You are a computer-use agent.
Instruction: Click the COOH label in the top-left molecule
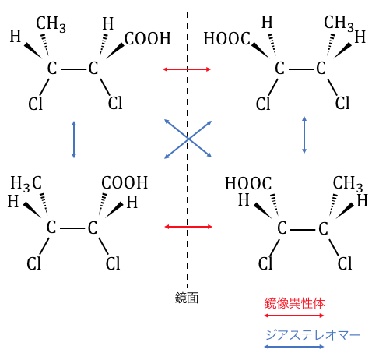coord(148,39)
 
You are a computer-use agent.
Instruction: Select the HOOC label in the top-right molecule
coord(227,39)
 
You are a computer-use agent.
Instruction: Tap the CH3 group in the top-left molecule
coord(51,24)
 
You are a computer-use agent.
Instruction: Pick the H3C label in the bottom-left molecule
coord(26,184)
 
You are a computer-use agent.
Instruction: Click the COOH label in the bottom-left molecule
coord(125,182)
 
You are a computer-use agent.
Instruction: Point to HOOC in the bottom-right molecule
coord(248,184)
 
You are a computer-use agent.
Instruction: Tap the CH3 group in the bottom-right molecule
coord(348,184)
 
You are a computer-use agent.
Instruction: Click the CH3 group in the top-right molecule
coord(339,23)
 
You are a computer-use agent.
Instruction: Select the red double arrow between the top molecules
coord(187,69)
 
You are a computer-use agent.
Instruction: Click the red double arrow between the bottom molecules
coord(188,227)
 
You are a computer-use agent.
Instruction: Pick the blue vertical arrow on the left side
coord(74,139)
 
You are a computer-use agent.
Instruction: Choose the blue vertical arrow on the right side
coord(304,135)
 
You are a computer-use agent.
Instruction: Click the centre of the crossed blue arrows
coord(188,139)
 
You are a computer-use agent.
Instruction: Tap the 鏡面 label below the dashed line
coord(187,298)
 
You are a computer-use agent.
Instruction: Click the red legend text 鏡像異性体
coord(294,303)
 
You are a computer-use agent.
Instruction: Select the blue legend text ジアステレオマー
coord(313,335)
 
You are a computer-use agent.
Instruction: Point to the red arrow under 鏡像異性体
coord(294,316)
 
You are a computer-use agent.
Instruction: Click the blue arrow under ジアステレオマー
coord(294,347)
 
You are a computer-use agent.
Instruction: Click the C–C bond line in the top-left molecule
coord(74,69)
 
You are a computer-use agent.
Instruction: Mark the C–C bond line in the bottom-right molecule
coord(303,230)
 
